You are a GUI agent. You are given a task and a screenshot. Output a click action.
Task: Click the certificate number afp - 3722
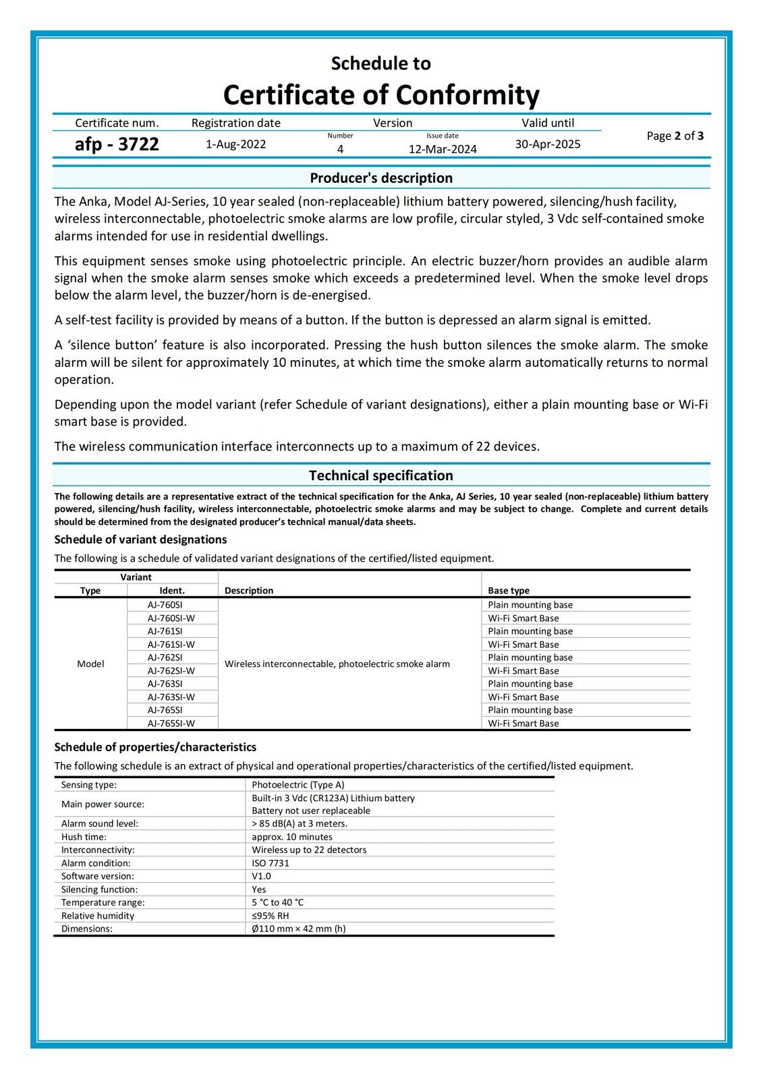pos(117,144)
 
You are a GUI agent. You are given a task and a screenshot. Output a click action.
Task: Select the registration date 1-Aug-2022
pos(235,144)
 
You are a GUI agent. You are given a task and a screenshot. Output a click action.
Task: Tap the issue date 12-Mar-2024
pos(443,149)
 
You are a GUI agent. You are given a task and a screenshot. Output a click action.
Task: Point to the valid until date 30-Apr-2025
pos(548,144)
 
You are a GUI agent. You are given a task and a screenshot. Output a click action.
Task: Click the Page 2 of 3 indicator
pos(675,136)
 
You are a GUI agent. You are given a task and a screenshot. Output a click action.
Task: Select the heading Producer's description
pos(381,178)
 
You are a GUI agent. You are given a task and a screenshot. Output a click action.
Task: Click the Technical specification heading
pos(381,475)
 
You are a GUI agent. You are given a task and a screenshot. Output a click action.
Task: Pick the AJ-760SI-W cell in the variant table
pos(171,618)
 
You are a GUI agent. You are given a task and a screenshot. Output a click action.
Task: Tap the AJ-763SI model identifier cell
pos(165,684)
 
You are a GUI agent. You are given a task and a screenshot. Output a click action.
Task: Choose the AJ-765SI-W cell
pos(171,724)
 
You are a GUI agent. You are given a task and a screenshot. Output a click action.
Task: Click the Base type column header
pos(509,591)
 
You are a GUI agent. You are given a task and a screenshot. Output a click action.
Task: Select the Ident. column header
pos(172,591)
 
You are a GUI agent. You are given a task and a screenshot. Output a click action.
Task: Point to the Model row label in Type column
pos(90,664)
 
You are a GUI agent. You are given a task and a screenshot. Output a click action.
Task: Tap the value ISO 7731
pos(271,863)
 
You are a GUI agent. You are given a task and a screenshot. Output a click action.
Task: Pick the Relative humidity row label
pos(98,916)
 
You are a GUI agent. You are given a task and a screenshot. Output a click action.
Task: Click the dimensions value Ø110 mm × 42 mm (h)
pos(299,929)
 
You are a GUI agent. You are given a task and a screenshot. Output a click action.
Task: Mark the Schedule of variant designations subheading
pos(140,539)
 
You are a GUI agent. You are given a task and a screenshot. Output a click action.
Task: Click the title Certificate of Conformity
pos(381,95)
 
